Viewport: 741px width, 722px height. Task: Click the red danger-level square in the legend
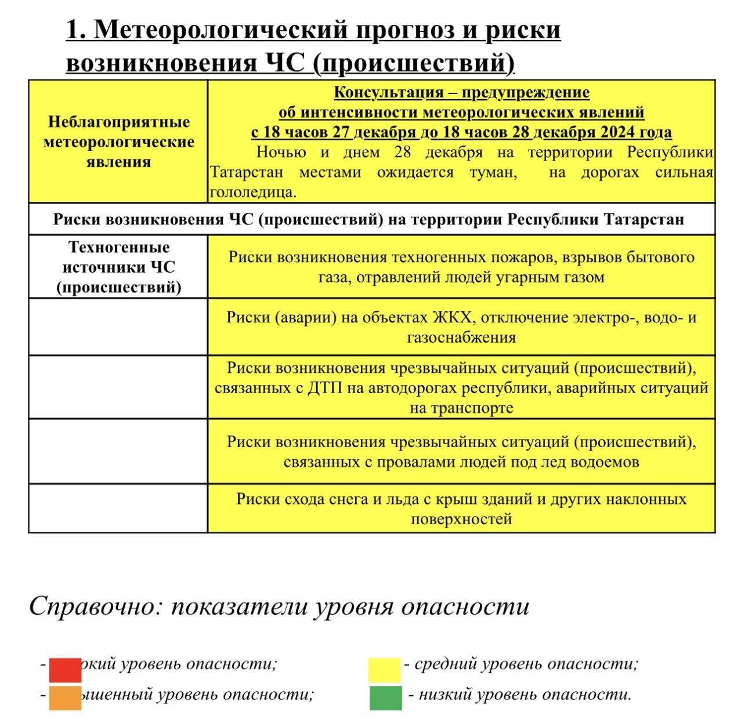pos(65,670)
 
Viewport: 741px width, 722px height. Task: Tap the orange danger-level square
pos(65,698)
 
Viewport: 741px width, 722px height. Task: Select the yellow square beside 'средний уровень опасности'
pos(384,670)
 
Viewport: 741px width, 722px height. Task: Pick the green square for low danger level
pos(385,698)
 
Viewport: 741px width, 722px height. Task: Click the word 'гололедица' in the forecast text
pos(253,193)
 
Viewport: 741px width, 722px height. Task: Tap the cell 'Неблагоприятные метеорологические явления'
pos(118,142)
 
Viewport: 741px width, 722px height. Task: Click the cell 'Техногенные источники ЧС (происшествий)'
pos(118,267)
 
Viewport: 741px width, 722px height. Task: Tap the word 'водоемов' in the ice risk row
pos(606,462)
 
